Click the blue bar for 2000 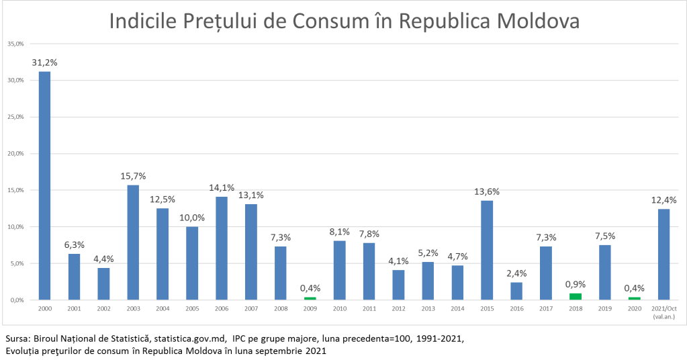click(x=44, y=185)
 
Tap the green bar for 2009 click(x=310, y=298)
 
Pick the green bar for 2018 click(x=576, y=296)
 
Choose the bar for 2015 click(x=487, y=250)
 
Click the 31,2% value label click(x=44, y=62)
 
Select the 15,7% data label click(x=133, y=176)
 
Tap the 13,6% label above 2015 click(x=487, y=191)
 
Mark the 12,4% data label click(x=664, y=200)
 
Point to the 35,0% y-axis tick click(x=15, y=44)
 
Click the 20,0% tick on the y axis click(x=15, y=153)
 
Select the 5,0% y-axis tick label click(x=17, y=263)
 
